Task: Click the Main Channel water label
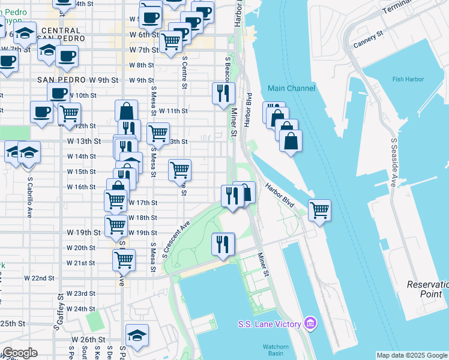pos(291,89)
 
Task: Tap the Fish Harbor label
pos(408,79)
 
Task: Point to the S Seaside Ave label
pos(394,163)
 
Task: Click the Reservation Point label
pos(427,289)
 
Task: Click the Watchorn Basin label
pos(276,349)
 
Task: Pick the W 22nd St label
pos(39,278)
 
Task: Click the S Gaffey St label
pos(60,312)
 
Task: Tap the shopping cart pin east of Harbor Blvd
pos(319,211)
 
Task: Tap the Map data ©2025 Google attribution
pos(412,355)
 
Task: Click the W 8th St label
pos(142,65)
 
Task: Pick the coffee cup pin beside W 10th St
pos(59,94)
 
